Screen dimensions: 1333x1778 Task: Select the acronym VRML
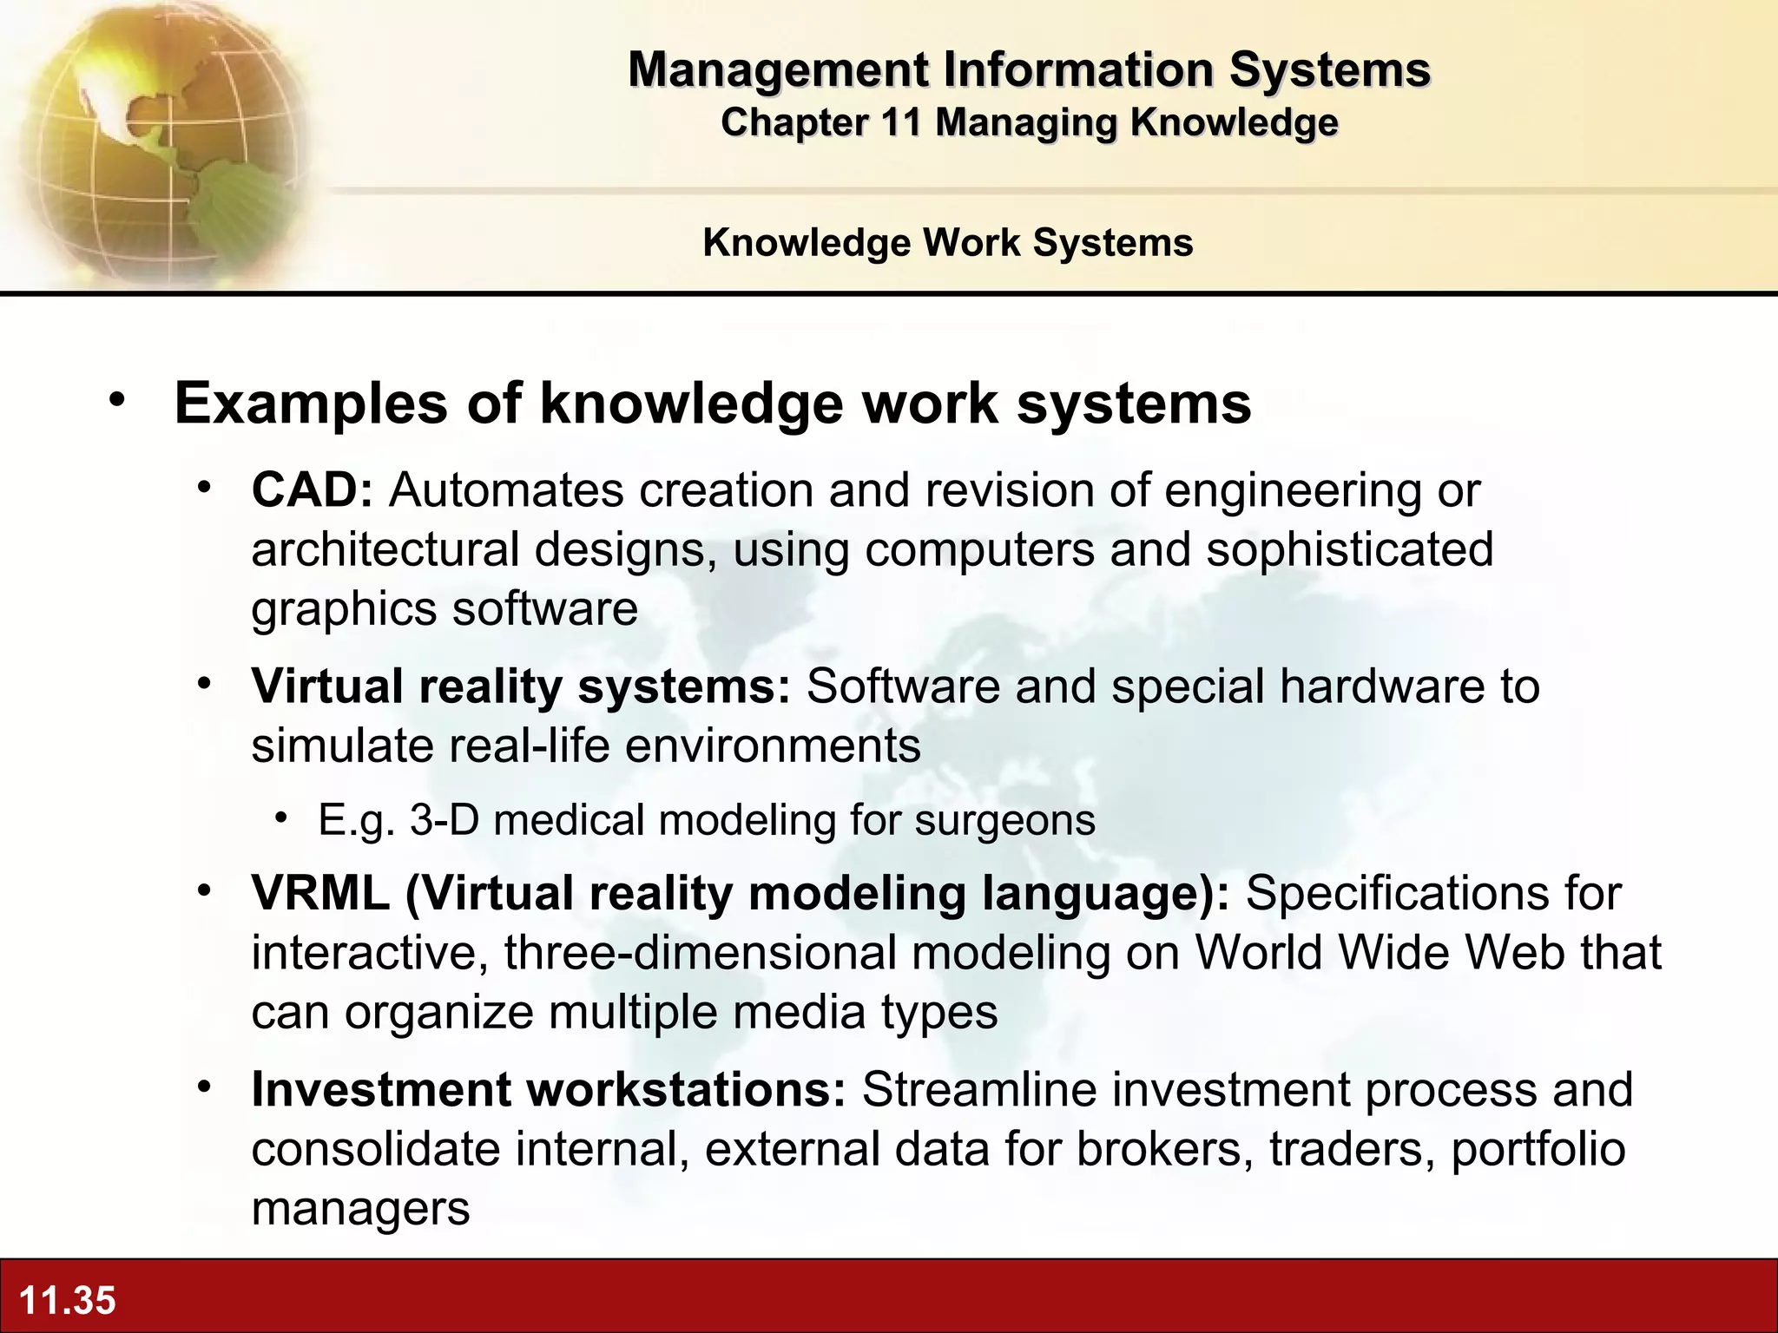coord(320,893)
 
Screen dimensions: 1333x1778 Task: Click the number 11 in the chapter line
coord(900,122)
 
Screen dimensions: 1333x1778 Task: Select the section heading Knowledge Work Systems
coord(948,242)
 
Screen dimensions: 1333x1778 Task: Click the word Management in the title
coord(778,69)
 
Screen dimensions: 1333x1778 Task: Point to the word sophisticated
coord(1349,549)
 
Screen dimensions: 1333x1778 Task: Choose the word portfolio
coord(1538,1149)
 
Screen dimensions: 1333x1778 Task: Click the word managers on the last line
coord(360,1208)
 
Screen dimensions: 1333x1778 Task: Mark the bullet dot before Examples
coord(118,401)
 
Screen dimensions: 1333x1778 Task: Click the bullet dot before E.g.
coord(280,818)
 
